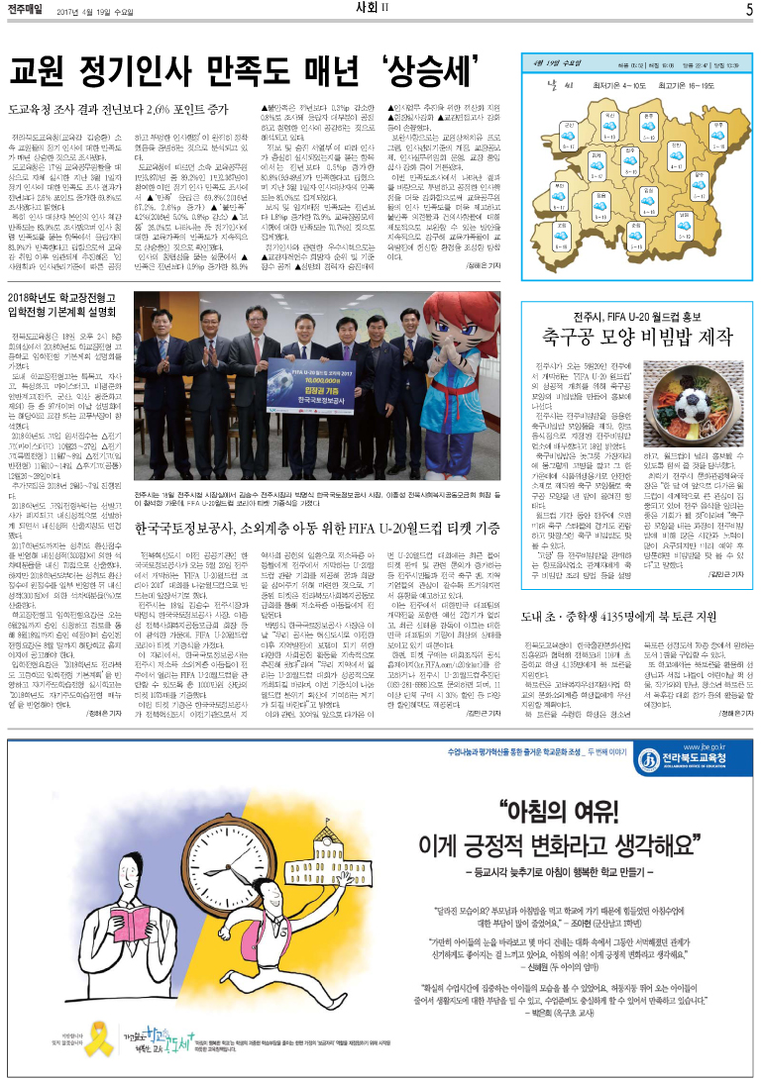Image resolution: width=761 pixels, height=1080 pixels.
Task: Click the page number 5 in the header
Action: click(750, 10)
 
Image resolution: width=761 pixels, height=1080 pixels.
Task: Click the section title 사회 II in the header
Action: click(380, 10)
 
